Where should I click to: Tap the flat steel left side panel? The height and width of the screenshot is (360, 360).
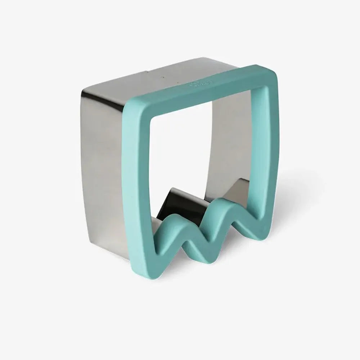(x=104, y=162)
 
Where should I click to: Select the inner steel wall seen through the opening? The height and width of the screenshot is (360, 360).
(x=230, y=144)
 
